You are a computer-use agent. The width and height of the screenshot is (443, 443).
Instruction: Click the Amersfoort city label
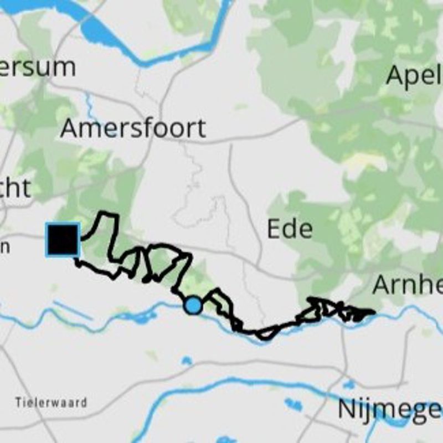[133, 128]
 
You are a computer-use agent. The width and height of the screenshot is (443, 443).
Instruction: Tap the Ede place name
[290, 229]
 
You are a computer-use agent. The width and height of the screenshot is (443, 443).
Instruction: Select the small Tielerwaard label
[51, 402]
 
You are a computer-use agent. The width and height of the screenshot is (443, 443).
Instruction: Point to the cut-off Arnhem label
[407, 285]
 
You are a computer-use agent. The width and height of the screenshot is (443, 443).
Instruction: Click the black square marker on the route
[63, 240]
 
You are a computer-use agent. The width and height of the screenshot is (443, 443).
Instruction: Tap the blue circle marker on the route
[193, 305]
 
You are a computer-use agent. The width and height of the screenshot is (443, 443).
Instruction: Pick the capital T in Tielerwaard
[18, 402]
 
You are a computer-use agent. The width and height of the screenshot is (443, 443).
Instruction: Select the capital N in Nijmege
[347, 410]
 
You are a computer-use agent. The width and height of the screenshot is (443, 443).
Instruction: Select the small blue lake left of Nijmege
[293, 405]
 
